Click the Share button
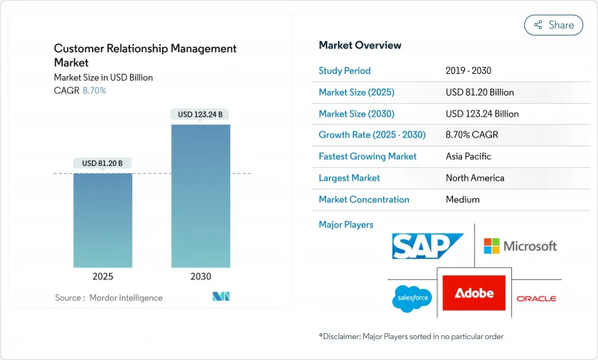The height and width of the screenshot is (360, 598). pyautogui.click(x=553, y=25)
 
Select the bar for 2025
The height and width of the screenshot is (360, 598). pyautogui.click(x=102, y=220)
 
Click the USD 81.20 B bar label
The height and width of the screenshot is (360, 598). pyautogui.click(x=102, y=164)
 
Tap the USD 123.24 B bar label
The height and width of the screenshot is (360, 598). pyautogui.click(x=200, y=114)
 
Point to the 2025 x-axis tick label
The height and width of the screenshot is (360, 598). pyautogui.click(x=102, y=276)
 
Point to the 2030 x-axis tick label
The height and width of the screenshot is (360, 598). pyautogui.click(x=200, y=276)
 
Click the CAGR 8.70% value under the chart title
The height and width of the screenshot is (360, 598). pyautogui.click(x=93, y=90)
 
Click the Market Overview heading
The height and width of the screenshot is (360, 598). pyautogui.click(x=360, y=46)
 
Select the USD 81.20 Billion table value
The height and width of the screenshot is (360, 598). pyautogui.click(x=479, y=93)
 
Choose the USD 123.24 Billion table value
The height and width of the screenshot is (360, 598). pyautogui.click(x=481, y=114)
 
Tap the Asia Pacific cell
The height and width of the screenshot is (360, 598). pyautogui.click(x=468, y=157)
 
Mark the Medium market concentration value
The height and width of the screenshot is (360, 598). pyautogui.click(x=462, y=199)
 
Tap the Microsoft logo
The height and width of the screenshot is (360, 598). pyautogui.click(x=520, y=246)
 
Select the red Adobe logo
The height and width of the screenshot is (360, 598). pyautogui.click(x=474, y=293)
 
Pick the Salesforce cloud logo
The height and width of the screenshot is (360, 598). pyautogui.click(x=410, y=299)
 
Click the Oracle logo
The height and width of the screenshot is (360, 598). pyautogui.click(x=536, y=299)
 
